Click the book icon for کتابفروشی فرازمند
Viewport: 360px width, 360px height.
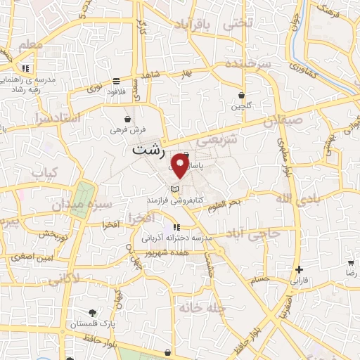point(175,189)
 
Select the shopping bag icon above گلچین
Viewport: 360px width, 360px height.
point(242,95)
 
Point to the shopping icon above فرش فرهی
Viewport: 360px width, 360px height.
point(127,119)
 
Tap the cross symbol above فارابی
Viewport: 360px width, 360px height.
point(300,269)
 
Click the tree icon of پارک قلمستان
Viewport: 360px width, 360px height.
point(92,312)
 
